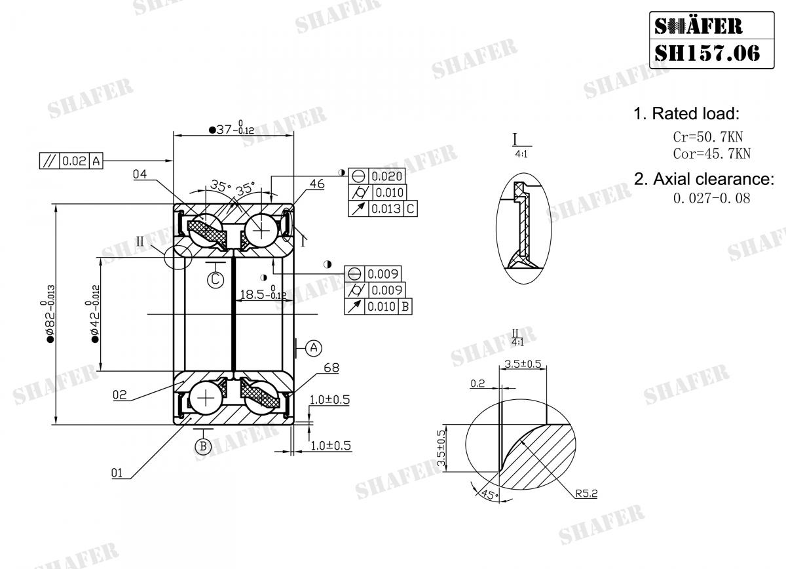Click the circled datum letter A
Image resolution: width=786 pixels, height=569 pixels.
point(314,347)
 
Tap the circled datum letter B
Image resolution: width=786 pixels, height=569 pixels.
point(203,447)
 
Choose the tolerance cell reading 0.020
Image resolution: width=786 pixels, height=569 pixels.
point(387,176)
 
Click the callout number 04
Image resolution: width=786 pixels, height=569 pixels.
point(140,174)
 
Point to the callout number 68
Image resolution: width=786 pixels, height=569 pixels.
point(331,368)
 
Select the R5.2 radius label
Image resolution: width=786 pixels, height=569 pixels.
point(586,494)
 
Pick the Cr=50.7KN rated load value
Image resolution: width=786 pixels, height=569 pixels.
point(707,138)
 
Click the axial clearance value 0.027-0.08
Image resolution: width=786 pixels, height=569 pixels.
point(711,197)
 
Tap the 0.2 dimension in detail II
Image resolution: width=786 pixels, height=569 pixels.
point(478,384)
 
